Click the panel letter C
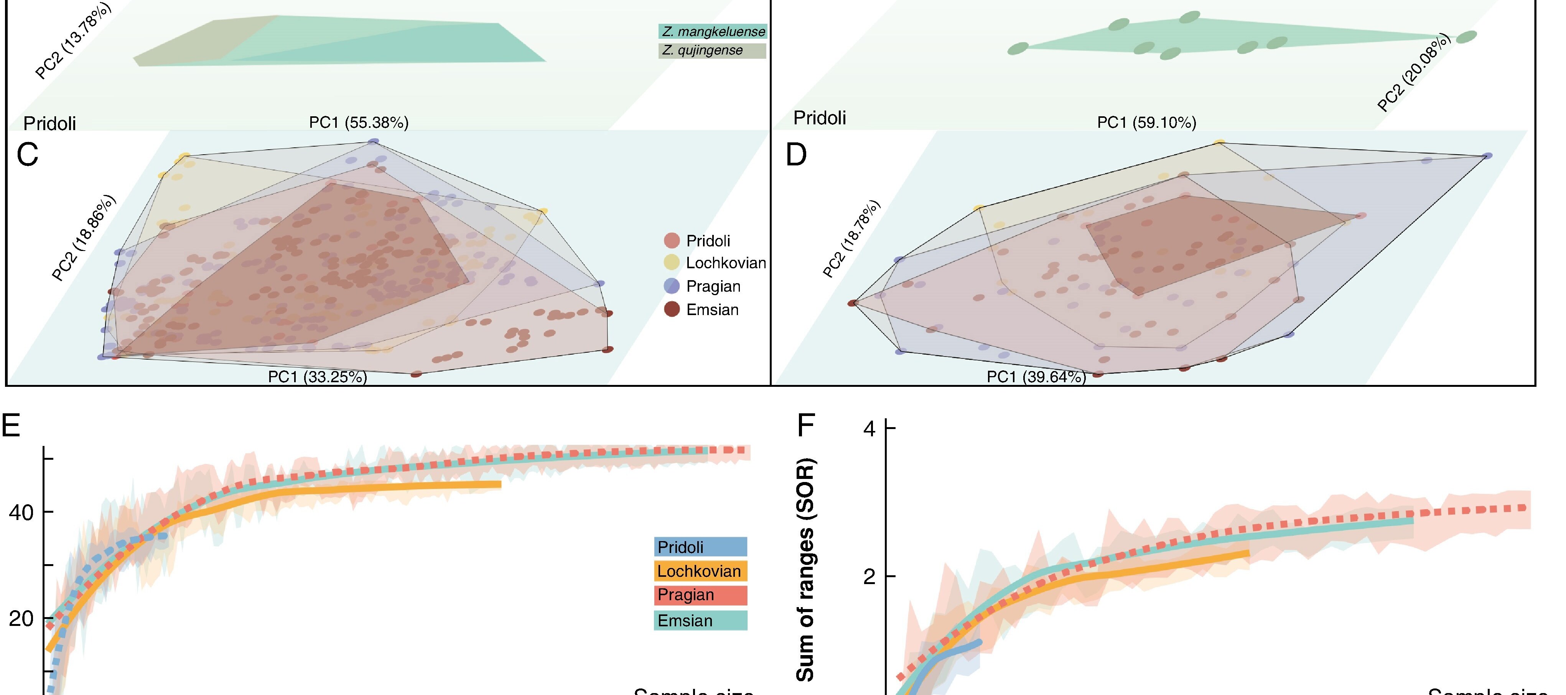[x=27, y=155]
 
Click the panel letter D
[x=796, y=155]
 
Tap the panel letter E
[x=11, y=426]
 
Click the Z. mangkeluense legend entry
[x=713, y=31]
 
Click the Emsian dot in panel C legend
[x=672, y=309]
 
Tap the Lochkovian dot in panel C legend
[x=672, y=262]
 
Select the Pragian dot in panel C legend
[x=672, y=286]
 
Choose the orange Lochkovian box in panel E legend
[x=700, y=571]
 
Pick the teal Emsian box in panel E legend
[x=700, y=620]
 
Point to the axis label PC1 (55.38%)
[x=359, y=123]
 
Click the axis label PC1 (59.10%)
[x=1146, y=123]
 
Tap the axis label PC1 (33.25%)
[x=317, y=377]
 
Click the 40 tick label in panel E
[x=21, y=513]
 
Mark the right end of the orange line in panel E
[x=500, y=484]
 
